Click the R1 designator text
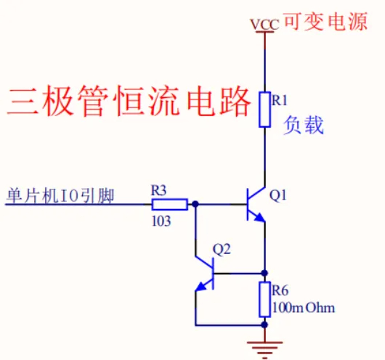click(280, 101)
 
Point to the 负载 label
click(304, 126)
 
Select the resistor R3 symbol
click(169, 205)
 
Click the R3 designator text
click(159, 190)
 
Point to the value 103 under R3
click(161, 221)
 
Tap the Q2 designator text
click(222, 249)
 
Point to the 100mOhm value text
click(304, 308)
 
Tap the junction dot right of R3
click(196, 205)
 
